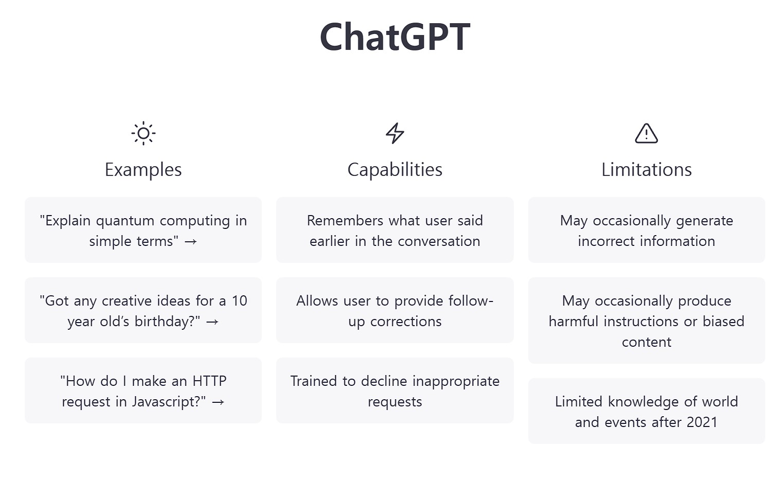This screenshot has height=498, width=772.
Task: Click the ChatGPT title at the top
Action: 394,37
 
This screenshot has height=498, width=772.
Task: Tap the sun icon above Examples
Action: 143,134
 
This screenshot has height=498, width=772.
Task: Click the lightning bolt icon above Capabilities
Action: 394,133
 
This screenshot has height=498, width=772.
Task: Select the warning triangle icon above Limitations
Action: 646,133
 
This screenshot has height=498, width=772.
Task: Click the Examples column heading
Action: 143,170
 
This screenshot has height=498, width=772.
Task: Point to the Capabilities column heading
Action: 394,170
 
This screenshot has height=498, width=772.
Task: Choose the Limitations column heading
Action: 646,170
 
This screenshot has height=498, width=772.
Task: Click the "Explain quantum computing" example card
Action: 143,230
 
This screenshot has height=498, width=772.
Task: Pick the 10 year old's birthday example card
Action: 143,310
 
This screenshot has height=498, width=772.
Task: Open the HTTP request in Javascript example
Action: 143,390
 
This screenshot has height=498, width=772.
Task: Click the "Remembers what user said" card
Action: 394,230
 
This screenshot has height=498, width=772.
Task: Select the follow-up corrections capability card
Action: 394,310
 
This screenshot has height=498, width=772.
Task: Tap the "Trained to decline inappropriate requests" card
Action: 394,390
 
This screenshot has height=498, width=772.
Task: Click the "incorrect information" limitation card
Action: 646,230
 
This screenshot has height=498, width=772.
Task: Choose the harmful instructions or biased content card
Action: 646,321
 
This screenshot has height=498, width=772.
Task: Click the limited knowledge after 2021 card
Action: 646,411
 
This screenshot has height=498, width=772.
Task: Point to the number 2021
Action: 702,422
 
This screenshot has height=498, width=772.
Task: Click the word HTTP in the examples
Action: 209,381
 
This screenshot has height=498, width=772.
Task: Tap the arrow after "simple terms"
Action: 191,241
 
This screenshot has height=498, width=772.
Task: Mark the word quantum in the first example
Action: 125,221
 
